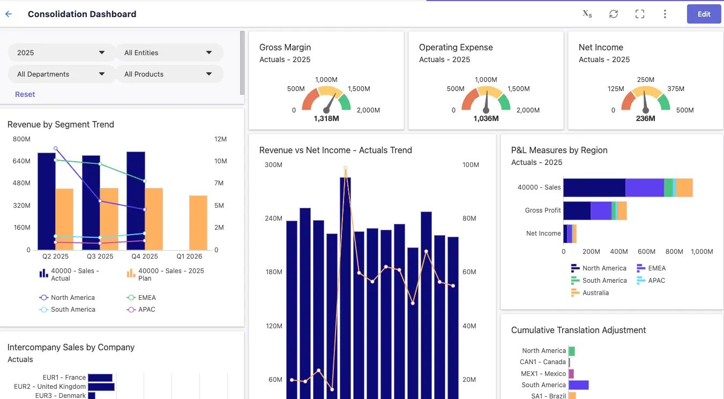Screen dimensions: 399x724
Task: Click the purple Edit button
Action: tap(704, 14)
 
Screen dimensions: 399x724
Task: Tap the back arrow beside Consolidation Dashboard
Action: tap(9, 14)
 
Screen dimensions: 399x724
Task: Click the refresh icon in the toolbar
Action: tap(614, 14)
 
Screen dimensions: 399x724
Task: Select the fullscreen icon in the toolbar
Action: tap(639, 14)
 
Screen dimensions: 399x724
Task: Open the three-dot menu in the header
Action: tap(665, 14)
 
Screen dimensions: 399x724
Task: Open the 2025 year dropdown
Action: tap(61, 52)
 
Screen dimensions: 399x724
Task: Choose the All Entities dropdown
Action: tap(169, 52)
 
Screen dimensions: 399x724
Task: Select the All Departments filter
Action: tap(61, 74)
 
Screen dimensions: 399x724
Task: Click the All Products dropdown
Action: tap(169, 74)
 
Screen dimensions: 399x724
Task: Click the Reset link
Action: tap(25, 94)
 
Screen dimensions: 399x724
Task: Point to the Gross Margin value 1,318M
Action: tap(326, 118)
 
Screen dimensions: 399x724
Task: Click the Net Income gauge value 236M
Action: tap(645, 118)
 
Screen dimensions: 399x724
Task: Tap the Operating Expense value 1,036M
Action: tap(486, 118)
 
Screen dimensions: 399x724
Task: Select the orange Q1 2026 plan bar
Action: tap(198, 223)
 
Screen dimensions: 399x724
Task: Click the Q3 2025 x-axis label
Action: tap(100, 257)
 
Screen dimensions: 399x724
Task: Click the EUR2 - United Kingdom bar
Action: tap(101, 387)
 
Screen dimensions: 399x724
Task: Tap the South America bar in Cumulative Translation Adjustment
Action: tap(578, 385)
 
